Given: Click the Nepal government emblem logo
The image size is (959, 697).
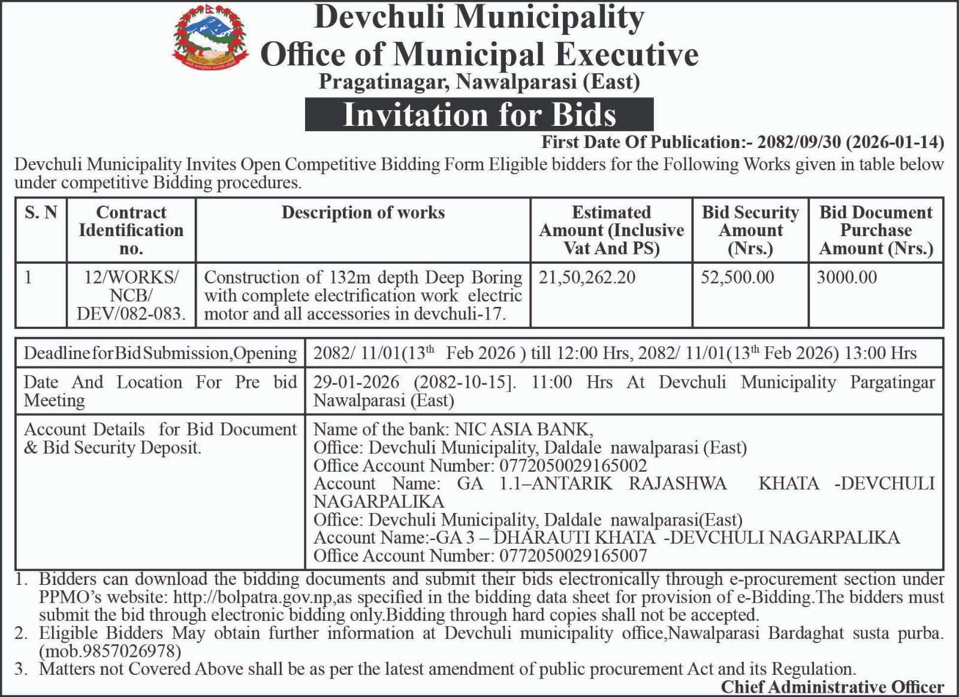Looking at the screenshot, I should coord(210,37).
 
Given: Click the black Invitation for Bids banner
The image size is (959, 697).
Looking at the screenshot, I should coord(479,114).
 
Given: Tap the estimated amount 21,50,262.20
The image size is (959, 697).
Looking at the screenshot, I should coord(587,277).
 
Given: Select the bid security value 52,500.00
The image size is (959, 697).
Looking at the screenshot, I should coord(737,277).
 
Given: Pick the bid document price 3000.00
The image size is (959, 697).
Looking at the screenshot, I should coord(846,277).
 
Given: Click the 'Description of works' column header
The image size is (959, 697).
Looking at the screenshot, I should coord(363,213).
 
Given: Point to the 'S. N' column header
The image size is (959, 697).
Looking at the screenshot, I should coord(41,213).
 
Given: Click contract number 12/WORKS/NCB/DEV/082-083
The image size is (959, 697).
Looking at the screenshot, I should coord(131,295).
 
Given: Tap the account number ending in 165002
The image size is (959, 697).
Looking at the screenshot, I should coord(573,466).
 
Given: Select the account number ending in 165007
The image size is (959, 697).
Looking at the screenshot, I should coord(573,556).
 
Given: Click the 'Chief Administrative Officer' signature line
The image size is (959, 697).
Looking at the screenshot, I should coord(832,687).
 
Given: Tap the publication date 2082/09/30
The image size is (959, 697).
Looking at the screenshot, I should coord(800,142).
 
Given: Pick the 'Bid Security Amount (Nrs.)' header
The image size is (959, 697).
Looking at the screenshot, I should coord(750,230).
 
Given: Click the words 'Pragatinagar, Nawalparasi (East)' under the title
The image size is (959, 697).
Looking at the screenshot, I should coord(479,81).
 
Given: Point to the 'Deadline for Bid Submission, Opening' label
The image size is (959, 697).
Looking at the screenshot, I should coord(160,354).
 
